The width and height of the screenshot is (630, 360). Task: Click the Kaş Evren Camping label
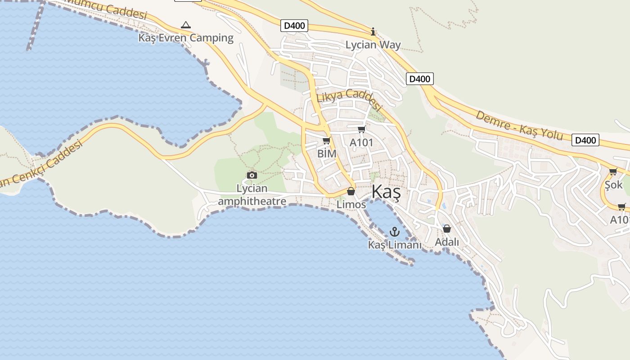pyautogui.click(x=186, y=38)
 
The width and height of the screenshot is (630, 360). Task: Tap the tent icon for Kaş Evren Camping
pyautogui.click(x=185, y=25)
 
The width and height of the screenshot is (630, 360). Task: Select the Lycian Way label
pyautogui.click(x=373, y=45)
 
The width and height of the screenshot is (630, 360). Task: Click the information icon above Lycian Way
pyautogui.click(x=373, y=31)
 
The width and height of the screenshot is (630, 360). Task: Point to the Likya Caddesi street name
pyautogui.click(x=349, y=100)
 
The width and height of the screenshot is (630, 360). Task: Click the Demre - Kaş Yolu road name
pyautogui.click(x=519, y=126)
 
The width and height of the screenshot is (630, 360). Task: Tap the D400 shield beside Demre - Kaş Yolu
pyautogui.click(x=586, y=140)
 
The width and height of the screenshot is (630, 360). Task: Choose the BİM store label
pyautogui.click(x=327, y=153)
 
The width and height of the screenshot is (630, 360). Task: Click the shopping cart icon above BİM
pyautogui.click(x=327, y=141)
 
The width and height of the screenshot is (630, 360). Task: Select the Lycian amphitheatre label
pyautogui.click(x=252, y=194)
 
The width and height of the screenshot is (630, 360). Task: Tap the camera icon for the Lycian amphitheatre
pyautogui.click(x=252, y=175)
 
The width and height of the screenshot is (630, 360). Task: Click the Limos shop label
pyautogui.click(x=351, y=204)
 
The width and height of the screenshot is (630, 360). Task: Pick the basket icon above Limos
pyautogui.click(x=351, y=192)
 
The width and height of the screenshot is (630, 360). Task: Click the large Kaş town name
pyautogui.click(x=386, y=193)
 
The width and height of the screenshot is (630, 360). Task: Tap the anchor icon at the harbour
pyautogui.click(x=395, y=232)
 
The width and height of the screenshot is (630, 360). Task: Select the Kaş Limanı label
pyautogui.click(x=395, y=245)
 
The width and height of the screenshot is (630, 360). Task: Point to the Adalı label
pyautogui.click(x=447, y=242)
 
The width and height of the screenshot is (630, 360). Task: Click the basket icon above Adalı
pyautogui.click(x=447, y=229)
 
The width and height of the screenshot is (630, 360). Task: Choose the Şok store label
pyautogui.click(x=613, y=184)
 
